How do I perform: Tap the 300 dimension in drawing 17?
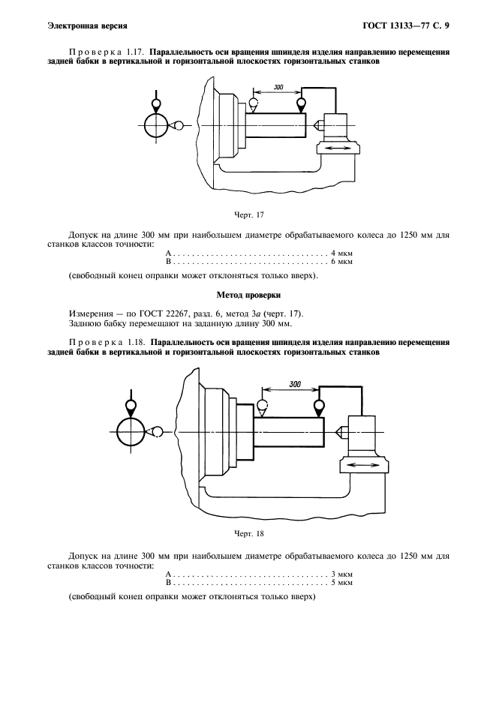tap(278, 88)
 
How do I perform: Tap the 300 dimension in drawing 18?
tap(294, 384)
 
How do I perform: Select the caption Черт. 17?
tap(247, 215)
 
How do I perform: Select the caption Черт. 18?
tap(247, 534)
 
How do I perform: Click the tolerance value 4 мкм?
tap(341, 253)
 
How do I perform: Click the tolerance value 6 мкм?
tap(341, 262)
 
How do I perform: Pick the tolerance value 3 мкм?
tap(341, 573)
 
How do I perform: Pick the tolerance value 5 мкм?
tap(341, 582)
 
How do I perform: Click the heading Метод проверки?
tap(247, 295)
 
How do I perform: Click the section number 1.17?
tap(135, 52)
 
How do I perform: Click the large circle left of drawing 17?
tap(157, 125)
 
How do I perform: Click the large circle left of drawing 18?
tap(131, 432)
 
